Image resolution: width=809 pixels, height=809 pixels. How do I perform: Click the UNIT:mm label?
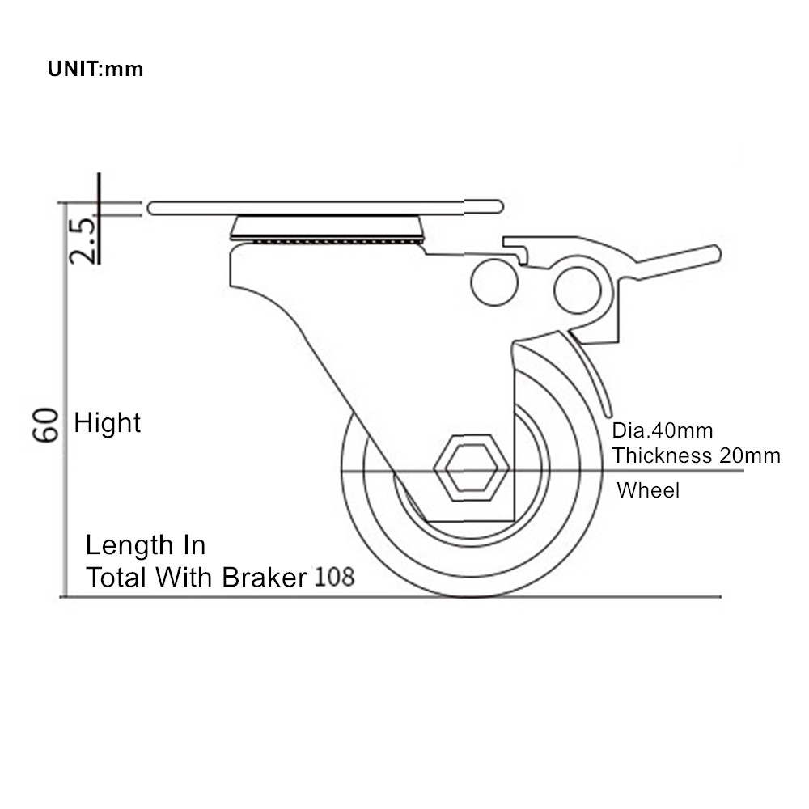[x=95, y=69]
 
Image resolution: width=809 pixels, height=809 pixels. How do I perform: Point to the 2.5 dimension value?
[x=83, y=241]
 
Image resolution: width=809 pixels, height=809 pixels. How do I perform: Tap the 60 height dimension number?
[x=45, y=425]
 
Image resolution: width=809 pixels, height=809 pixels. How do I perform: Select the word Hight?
[x=108, y=423]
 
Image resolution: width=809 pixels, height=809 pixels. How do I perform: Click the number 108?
[x=335, y=576]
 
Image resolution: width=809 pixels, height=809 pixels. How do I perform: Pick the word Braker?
[x=265, y=577]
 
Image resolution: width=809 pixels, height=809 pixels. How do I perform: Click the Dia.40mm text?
[x=663, y=430]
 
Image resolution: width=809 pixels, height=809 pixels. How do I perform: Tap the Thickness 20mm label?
[x=696, y=455]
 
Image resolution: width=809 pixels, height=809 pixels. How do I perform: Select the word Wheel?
[x=648, y=490]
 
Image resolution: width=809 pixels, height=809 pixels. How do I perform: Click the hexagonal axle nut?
[x=472, y=468]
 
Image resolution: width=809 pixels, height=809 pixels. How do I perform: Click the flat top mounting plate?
[x=325, y=207]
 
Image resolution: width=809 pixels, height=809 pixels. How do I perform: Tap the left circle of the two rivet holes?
[x=494, y=282]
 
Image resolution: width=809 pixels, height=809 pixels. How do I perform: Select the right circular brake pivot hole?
[x=578, y=290]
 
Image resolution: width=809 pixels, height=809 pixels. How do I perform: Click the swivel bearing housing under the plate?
[x=327, y=229]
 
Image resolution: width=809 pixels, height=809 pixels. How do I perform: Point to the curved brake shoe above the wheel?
[x=591, y=371]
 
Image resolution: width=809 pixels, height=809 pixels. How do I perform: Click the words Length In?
[x=146, y=544]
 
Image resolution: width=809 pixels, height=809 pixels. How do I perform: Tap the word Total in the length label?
[x=116, y=577]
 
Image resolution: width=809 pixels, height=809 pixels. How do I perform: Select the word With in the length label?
[x=184, y=577]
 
